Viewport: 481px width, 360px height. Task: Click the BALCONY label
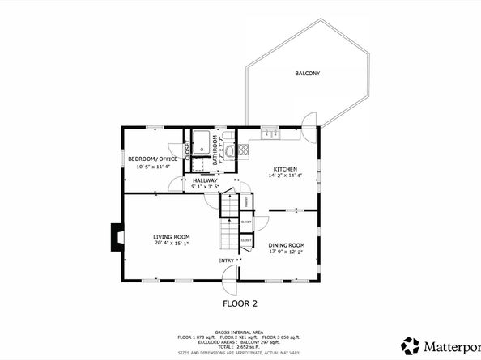pyautogui.click(x=307, y=74)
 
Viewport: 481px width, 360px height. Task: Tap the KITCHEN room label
pyautogui.click(x=285, y=169)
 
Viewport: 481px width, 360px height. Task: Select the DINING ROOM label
pyautogui.click(x=286, y=244)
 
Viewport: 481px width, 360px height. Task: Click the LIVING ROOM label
pyautogui.click(x=171, y=237)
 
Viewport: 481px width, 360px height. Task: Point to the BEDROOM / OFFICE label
pyautogui.click(x=152, y=159)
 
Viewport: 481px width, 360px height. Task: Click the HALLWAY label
pyautogui.click(x=204, y=180)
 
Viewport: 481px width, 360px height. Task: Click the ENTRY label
pyautogui.click(x=226, y=260)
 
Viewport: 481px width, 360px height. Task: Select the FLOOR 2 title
pyautogui.click(x=240, y=304)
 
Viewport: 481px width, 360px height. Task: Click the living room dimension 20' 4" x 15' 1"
pyautogui.click(x=171, y=244)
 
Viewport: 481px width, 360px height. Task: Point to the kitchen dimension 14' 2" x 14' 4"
pyautogui.click(x=285, y=176)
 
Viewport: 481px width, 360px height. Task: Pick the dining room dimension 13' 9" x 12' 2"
pyautogui.click(x=286, y=251)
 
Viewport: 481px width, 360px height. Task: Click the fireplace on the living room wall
pyautogui.click(x=117, y=236)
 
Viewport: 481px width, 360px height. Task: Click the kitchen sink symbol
pyautogui.click(x=270, y=133)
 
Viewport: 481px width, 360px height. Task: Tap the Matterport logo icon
pyautogui.click(x=411, y=345)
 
